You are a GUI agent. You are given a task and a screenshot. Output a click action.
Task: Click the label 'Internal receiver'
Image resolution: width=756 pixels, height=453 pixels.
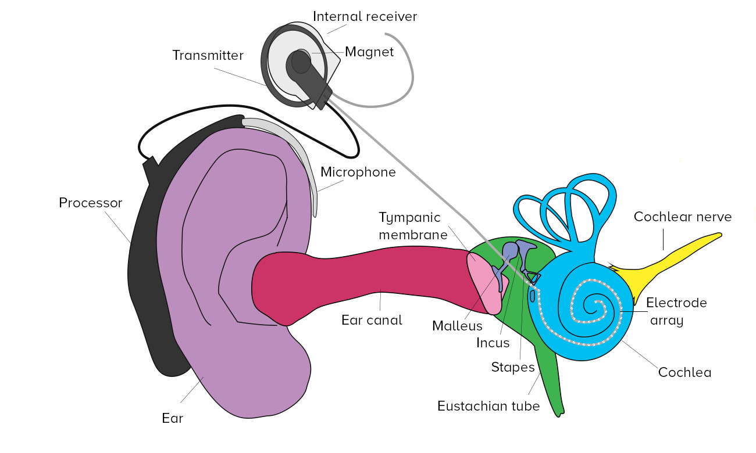pos(365,16)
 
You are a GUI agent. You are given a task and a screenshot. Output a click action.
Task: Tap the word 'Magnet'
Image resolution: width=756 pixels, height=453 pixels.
pos(369,52)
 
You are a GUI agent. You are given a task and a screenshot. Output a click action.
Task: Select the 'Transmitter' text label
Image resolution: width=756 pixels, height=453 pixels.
pos(207,55)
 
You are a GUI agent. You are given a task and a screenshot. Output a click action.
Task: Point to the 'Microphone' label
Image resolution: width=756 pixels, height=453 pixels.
pos(358,172)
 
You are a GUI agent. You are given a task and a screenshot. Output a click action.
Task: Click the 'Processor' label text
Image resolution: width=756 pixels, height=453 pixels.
pos(90,203)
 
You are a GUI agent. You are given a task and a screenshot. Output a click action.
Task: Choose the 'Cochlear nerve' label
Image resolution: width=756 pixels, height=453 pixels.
pos(682,217)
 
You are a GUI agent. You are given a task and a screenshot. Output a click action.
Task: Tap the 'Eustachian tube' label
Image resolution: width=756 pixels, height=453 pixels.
pos(488,406)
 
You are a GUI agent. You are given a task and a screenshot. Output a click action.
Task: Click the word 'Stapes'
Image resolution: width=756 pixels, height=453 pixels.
pos(512,367)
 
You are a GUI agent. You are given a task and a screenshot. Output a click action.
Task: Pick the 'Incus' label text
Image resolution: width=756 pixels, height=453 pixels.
pos(493,343)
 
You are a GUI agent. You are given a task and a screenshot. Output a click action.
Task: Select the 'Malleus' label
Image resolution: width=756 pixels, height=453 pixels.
pos(457,326)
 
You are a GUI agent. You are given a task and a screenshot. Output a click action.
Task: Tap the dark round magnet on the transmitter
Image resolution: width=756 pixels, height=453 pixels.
pos(301,62)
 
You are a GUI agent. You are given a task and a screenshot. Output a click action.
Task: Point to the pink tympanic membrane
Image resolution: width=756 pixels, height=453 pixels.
pos(486,285)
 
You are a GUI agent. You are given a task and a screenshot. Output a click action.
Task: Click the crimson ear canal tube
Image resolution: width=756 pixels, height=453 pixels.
pos(361,273)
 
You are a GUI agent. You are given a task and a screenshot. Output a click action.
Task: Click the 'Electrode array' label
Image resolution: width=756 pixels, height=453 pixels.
pos(676,311)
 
